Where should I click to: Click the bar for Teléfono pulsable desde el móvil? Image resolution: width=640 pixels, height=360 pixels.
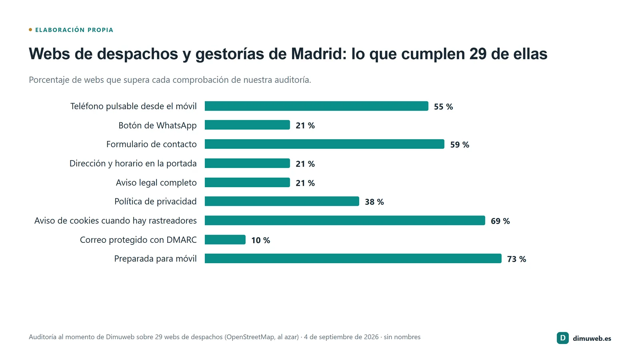316,106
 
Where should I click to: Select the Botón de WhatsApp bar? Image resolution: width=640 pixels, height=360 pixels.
247,125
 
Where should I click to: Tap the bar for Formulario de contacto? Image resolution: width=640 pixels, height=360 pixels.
324,144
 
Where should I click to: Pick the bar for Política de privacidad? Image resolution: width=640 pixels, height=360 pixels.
282,201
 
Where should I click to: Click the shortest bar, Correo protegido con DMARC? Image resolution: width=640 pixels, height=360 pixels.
225,240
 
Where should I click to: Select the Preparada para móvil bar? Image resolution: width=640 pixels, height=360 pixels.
353,258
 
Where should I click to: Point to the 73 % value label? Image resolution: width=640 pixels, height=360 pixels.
516,259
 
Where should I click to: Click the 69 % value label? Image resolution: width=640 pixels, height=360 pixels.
500,221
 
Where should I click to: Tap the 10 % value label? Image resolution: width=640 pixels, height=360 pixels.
260,240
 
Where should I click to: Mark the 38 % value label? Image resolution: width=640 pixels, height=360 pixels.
374,202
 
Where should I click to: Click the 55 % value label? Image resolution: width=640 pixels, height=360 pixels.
443,106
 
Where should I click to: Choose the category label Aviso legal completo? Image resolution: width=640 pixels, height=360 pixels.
156,182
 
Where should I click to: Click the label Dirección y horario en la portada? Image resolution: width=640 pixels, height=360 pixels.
133,164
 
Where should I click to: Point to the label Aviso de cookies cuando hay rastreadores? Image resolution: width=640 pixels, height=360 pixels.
116,220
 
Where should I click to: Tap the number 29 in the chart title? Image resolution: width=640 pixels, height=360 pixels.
478,54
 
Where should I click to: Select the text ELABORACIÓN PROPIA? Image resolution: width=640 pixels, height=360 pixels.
74,30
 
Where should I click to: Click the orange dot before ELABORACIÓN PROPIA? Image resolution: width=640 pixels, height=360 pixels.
30,30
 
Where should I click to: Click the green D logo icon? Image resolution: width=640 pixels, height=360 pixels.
562,338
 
